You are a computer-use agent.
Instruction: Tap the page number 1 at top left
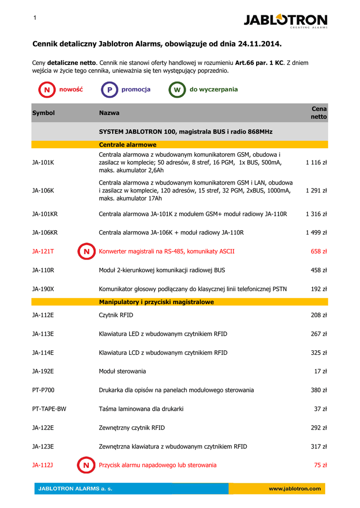click(35, 18)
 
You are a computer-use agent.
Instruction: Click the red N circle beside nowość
click(47, 90)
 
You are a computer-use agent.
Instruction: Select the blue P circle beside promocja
click(109, 90)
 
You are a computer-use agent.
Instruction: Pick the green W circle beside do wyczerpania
click(177, 90)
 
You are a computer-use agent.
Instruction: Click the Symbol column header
click(43, 113)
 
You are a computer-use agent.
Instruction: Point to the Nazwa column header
click(109, 113)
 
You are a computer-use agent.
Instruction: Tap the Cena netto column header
click(319, 113)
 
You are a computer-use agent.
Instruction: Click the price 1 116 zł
click(316, 162)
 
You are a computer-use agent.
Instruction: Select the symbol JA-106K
click(43, 190)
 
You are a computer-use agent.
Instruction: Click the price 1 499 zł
click(316, 233)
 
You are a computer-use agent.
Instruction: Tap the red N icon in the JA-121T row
click(86, 252)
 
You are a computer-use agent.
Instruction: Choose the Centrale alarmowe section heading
click(128, 145)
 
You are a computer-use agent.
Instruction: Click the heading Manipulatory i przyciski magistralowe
click(156, 302)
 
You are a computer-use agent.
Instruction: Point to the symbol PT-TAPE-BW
click(49, 409)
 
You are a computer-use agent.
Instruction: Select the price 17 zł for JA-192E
click(321, 372)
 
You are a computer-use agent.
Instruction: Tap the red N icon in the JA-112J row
click(86, 465)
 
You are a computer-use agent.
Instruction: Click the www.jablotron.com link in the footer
click(294, 489)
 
